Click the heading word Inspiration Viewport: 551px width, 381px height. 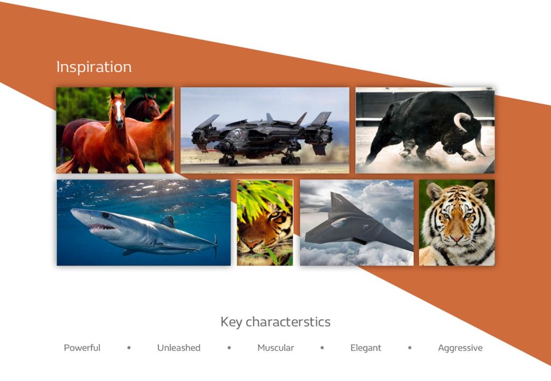(94, 67)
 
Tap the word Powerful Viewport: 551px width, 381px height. (82, 348)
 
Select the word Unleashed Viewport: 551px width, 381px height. (179, 348)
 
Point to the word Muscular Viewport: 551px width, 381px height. (275, 348)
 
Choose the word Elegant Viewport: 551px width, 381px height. (365, 348)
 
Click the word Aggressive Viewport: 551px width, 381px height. (460, 348)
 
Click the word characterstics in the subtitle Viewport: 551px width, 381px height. (288, 322)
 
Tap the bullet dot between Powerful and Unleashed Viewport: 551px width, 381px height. (129, 348)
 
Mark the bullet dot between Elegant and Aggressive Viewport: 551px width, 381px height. (409, 348)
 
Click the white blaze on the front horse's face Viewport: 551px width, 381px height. (119, 109)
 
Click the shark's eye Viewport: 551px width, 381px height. (105, 215)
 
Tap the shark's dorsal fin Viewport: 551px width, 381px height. (168, 221)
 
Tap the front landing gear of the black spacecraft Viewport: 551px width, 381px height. (228, 160)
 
